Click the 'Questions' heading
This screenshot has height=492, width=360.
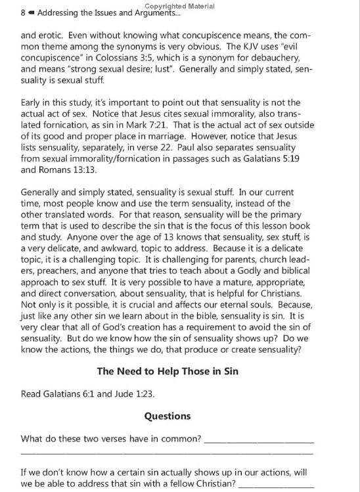click(x=168, y=416)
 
